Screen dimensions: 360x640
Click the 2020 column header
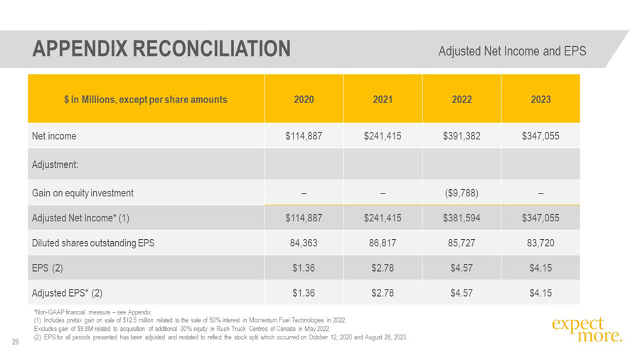click(304, 100)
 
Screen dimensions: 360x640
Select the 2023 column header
click(540, 100)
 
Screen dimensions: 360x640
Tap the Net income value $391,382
click(462, 136)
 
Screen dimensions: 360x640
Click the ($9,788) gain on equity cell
click(462, 193)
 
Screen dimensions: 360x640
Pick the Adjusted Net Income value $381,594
click(462, 218)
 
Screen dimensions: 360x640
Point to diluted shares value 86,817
click(383, 243)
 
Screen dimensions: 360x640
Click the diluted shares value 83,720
click(540, 243)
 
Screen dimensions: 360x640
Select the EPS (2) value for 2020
click(304, 268)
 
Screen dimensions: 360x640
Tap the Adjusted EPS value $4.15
click(540, 292)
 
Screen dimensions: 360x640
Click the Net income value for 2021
click(383, 136)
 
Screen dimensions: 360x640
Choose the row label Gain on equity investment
click(82, 193)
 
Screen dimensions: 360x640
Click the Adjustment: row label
click(55, 164)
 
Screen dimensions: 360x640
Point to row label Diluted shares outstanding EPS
click(92, 243)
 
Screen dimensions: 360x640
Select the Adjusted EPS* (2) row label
click(68, 292)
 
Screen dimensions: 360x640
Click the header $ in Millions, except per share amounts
click(145, 100)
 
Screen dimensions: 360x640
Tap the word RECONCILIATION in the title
click(212, 48)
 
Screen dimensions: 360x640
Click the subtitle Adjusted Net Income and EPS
click(512, 51)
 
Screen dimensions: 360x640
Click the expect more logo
click(586, 329)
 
